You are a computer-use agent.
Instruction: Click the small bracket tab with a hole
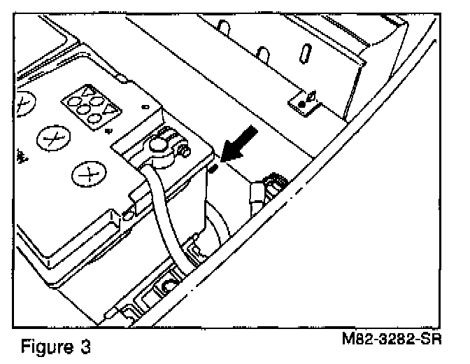(x=306, y=102)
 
